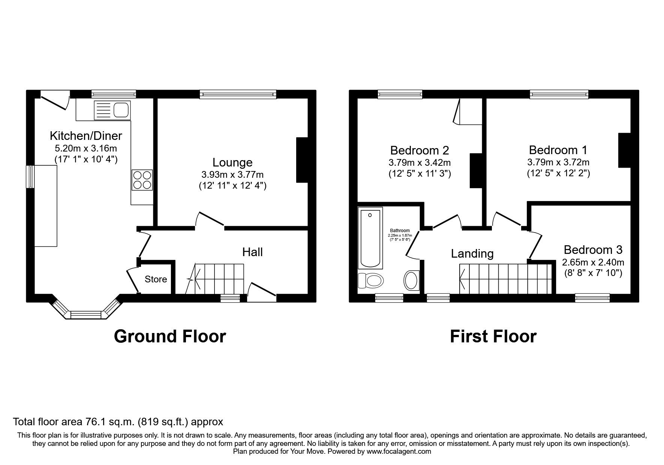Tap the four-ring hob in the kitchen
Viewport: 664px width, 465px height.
tap(142, 180)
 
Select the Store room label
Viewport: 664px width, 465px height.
tap(156, 279)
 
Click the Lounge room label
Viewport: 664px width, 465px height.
tap(232, 162)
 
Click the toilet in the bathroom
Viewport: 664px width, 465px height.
tap(371, 280)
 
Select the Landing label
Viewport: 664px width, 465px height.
tap(472, 254)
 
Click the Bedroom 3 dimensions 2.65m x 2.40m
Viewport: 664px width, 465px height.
tap(594, 262)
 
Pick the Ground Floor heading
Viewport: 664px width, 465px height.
tap(170, 336)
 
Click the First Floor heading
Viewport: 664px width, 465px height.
tap(493, 336)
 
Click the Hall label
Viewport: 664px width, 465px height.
tap(252, 252)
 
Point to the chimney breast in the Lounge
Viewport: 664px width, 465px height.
tap(302, 160)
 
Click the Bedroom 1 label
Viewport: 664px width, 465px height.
tap(558, 150)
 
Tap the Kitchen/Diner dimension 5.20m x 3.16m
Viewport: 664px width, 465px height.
tap(86, 148)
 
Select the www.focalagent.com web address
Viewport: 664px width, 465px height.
tap(399, 451)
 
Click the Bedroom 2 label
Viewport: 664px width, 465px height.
tap(420, 150)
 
